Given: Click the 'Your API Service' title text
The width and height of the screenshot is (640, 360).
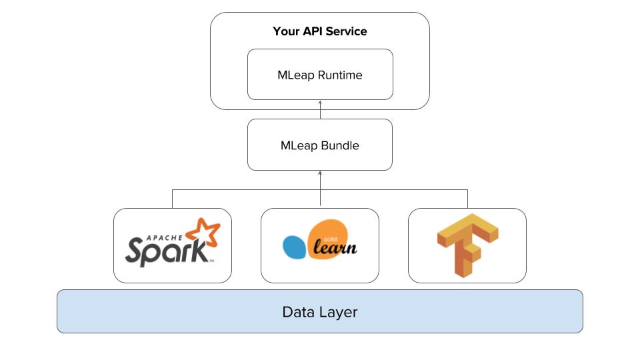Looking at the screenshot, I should click(x=320, y=31).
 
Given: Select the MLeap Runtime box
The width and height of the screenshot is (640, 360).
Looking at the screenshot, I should click(x=320, y=75).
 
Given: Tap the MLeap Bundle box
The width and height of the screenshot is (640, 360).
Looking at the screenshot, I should click(x=320, y=145).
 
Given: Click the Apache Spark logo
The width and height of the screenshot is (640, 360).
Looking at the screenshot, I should click(x=172, y=245).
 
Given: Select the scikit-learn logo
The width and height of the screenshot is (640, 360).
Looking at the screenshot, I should click(x=320, y=245).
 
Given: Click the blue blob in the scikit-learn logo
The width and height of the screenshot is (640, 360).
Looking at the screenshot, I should click(x=294, y=247).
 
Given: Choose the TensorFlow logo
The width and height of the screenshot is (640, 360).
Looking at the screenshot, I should click(x=467, y=245).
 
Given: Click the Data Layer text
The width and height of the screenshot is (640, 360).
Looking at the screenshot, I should click(x=320, y=311).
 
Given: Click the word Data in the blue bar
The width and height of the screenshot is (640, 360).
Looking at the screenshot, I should click(x=297, y=311).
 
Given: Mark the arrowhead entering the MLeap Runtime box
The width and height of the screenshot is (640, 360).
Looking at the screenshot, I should click(x=320, y=103).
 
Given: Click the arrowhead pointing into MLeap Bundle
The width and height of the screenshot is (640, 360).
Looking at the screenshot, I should click(x=320, y=173).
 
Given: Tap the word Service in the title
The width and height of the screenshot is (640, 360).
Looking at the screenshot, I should click(x=345, y=31).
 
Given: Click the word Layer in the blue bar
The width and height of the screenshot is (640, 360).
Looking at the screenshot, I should click(x=337, y=311).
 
